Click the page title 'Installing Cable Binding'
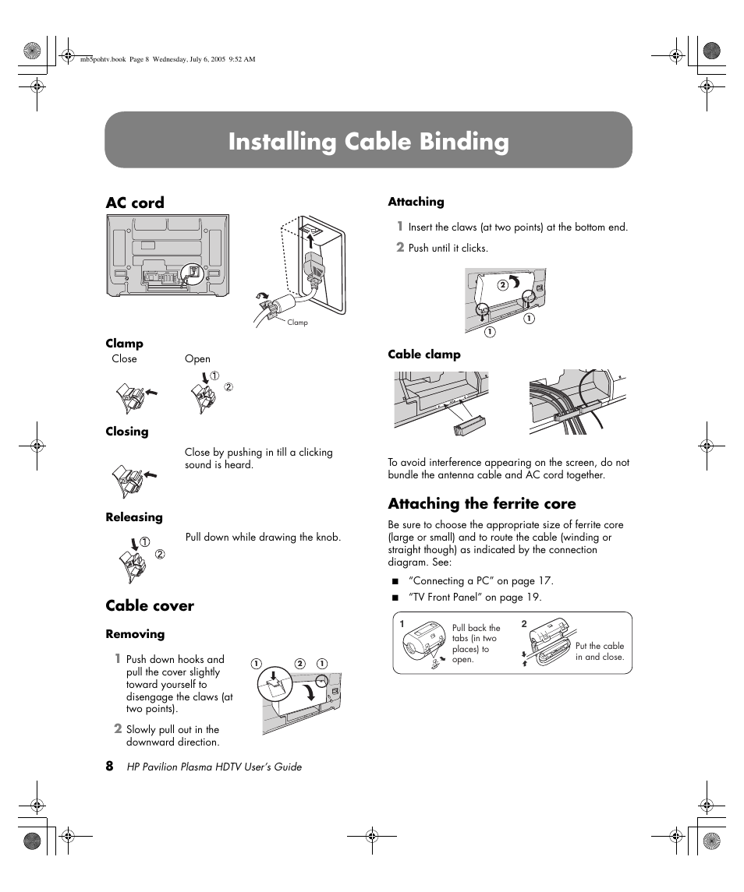pyautogui.click(x=368, y=142)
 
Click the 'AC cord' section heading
pyautogui.click(x=135, y=203)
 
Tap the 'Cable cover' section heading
pyautogui.click(x=150, y=605)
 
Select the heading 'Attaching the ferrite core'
pyautogui.click(x=481, y=503)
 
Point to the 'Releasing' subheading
pyautogui.click(x=134, y=517)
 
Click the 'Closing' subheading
pyautogui.click(x=127, y=432)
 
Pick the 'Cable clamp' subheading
pyautogui.click(x=424, y=354)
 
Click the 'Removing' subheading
pyautogui.click(x=135, y=634)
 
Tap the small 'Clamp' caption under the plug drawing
pyautogui.click(x=297, y=323)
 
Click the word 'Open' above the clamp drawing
pyautogui.click(x=197, y=359)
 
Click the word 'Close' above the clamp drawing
pyautogui.click(x=124, y=359)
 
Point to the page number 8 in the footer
pyautogui.click(x=110, y=766)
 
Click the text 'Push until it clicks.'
pyautogui.click(x=448, y=249)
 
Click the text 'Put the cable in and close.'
pyautogui.click(x=599, y=651)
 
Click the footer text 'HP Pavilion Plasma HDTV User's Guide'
pyautogui.click(x=214, y=767)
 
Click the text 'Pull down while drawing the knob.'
pyautogui.click(x=263, y=538)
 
